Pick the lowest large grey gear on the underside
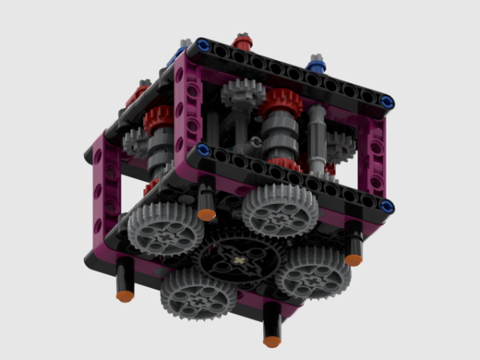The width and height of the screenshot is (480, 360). point(198,294)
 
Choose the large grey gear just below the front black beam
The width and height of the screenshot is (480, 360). point(280,210)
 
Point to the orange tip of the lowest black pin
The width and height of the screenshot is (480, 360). point(272,340)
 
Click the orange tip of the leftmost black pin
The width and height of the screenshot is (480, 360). point(124,295)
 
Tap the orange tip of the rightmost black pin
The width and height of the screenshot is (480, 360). point(354,259)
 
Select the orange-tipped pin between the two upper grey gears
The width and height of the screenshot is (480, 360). point(207,214)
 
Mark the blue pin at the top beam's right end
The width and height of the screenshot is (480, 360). point(387,101)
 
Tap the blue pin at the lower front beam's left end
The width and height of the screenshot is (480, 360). point(202,149)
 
